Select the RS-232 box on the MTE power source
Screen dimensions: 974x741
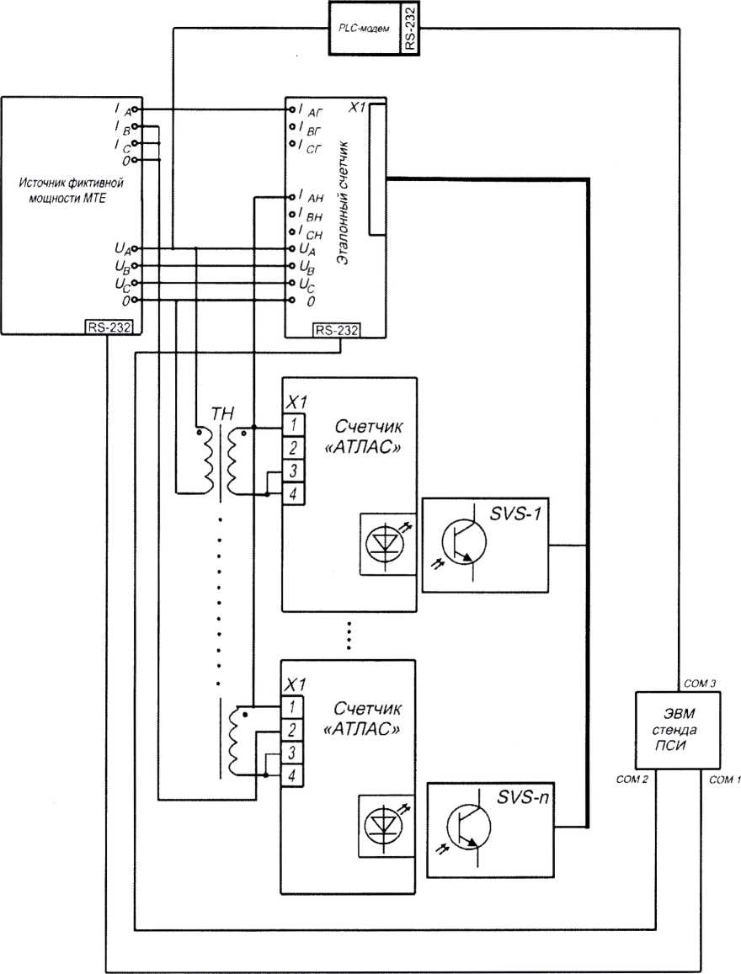tap(109, 327)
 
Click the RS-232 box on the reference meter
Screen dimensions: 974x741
tap(337, 331)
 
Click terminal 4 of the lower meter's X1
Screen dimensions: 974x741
tap(291, 775)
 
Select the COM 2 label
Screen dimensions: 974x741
tap(632, 780)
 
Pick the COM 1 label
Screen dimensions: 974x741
tap(724, 780)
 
